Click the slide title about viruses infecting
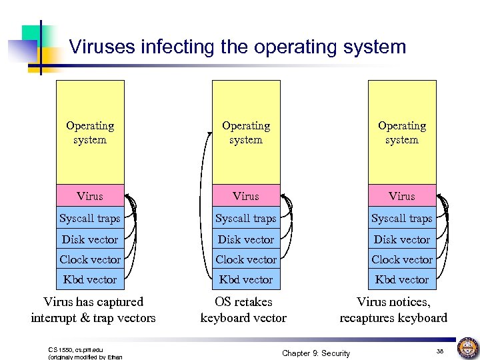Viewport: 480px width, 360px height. (237, 47)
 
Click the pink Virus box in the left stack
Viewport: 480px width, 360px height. (90, 196)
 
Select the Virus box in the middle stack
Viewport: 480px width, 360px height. (246, 196)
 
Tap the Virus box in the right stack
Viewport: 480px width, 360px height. (402, 196)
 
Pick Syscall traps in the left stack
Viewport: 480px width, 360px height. (90, 218)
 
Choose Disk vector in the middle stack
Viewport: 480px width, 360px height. (246, 239)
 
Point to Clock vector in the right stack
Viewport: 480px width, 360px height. (402, 259)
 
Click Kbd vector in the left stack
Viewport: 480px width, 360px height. (90, 279)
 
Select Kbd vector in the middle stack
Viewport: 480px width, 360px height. (246, 279)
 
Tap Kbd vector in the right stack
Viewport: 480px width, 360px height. (402, 279)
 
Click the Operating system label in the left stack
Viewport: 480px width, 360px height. (90, 133)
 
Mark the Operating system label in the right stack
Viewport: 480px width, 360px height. (402, 133)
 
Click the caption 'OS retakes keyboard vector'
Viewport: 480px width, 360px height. (244, 310)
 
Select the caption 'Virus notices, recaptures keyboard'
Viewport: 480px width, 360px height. (393, 310)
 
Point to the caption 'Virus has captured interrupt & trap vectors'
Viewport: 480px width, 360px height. (93, 310)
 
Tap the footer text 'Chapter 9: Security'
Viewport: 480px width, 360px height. (315, 353)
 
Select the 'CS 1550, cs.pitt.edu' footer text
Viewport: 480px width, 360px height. (76, 349)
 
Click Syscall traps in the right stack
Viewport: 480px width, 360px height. (402, 218)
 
